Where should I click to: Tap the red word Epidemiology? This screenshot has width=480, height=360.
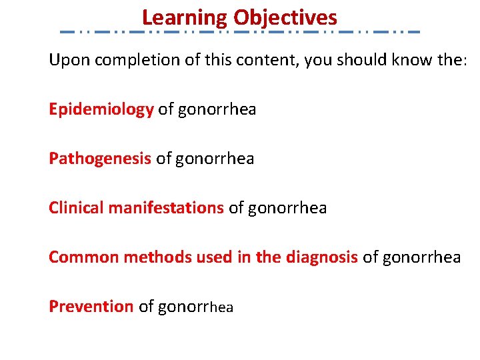101,109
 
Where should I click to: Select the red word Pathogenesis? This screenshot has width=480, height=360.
100,159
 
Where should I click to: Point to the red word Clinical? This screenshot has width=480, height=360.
76,208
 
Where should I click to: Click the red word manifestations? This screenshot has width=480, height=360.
166,208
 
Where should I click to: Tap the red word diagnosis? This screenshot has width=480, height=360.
321,257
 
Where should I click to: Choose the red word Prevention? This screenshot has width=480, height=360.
91,307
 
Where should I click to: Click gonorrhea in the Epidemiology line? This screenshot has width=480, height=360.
217,109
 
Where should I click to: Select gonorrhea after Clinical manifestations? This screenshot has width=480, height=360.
287,208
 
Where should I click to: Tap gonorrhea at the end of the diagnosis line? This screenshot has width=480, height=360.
421,257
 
